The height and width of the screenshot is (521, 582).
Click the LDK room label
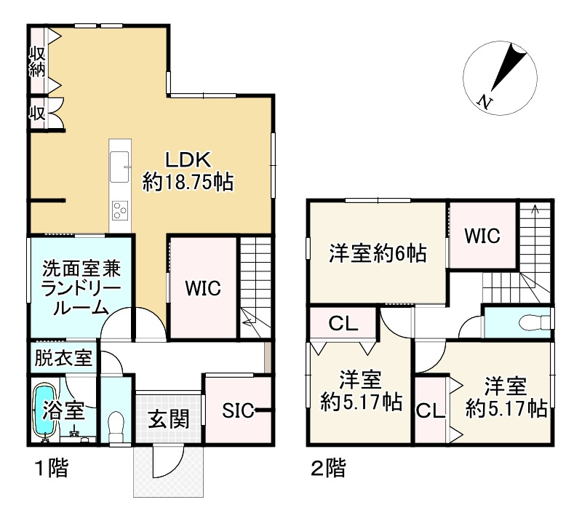point(187,159)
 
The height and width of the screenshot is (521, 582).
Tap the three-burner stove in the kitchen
point(119,212)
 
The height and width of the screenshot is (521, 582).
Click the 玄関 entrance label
point(169,420)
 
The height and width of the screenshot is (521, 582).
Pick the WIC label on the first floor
point(202,287)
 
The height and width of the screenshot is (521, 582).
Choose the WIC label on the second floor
point(482,236)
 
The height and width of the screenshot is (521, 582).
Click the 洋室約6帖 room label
point(376,255)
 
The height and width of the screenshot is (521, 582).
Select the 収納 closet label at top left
point(38,63)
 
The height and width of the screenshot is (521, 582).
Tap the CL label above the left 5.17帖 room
point(343,324)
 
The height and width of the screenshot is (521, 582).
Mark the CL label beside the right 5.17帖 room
point(430,410)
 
